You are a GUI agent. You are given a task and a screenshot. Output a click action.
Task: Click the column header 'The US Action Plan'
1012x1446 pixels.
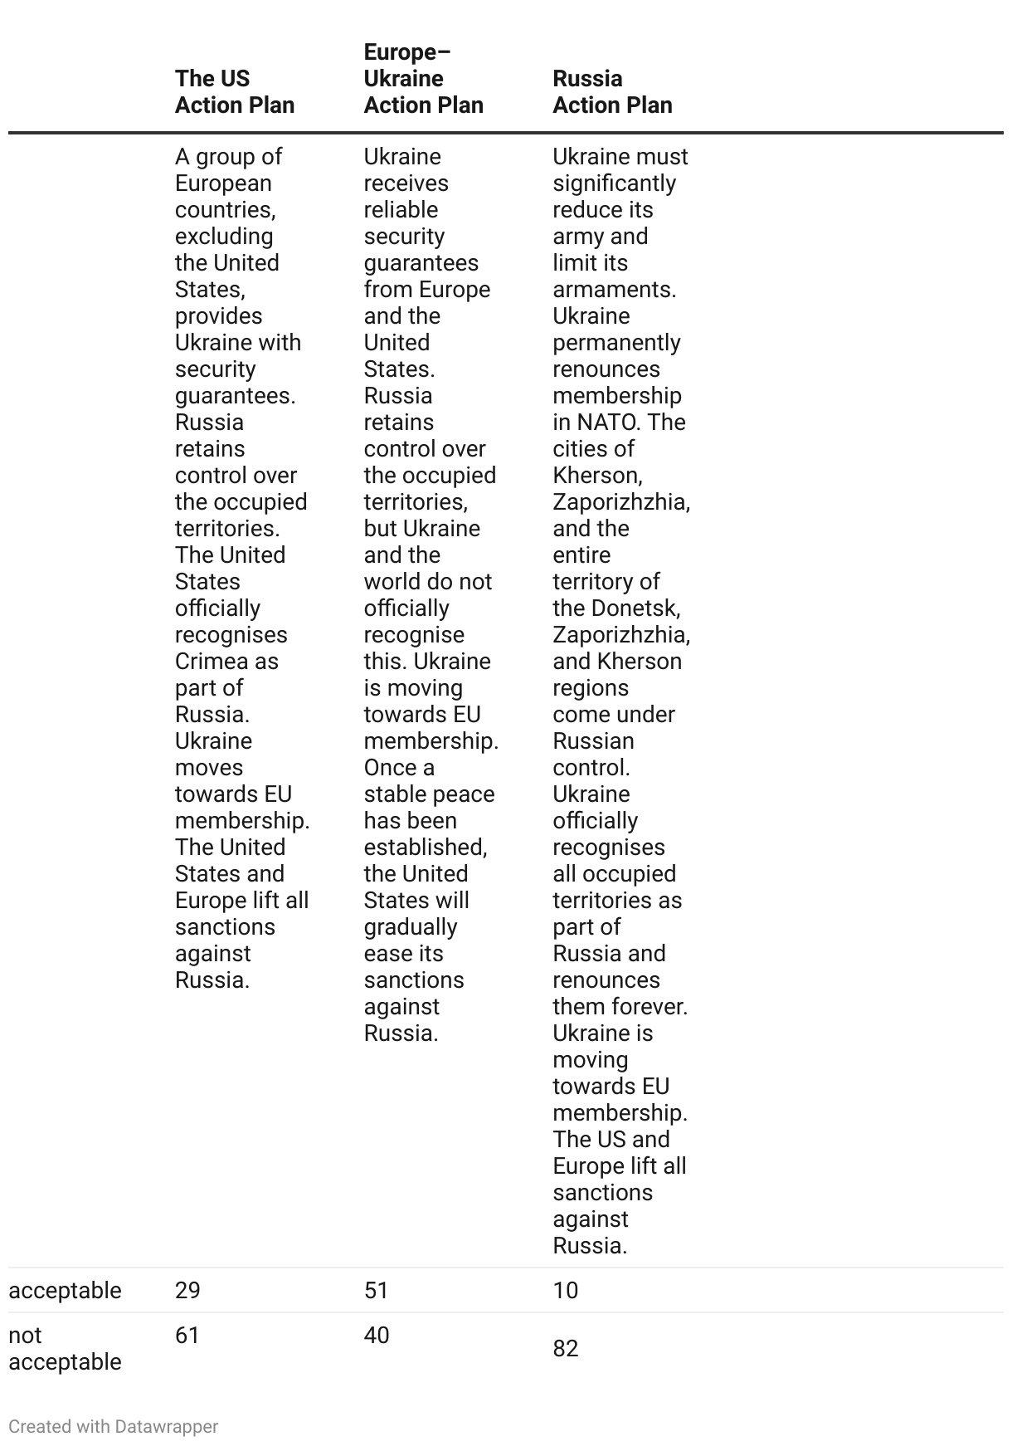[x=235, y=91]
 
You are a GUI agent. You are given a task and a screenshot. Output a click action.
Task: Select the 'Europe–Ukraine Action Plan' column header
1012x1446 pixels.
[x=423, y=78]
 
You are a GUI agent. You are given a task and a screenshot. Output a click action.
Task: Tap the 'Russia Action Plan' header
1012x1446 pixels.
[x=612, y=91]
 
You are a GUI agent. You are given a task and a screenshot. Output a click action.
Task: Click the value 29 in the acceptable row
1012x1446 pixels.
[x=187, y=1290]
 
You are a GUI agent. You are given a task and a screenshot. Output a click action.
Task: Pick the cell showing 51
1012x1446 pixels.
[x=377, y=1290]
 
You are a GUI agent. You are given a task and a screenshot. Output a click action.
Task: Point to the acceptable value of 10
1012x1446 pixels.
[x=566, y=1290]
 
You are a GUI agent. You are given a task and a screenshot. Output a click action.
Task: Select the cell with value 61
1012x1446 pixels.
[x=187, y=1335]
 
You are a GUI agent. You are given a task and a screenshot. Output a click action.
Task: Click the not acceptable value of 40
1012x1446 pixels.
[x=377, y=1335]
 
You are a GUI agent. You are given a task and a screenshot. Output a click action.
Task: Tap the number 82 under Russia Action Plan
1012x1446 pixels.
[x=566, y=1348]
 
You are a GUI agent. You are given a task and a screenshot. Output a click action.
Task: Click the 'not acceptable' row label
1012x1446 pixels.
[x=65, y=1348]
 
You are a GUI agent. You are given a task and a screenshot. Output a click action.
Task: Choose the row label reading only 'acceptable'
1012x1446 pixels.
[x=65, y=1290]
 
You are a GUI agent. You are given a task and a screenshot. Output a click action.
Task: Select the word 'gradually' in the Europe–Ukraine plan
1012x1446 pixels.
[x=411, y=927]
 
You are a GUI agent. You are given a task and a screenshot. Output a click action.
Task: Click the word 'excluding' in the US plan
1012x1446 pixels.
[x=224, y=237]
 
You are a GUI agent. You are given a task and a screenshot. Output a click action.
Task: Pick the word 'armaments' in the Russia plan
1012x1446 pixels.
[x=613, y=290]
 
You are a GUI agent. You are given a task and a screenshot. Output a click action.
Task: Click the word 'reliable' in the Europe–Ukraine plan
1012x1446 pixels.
[x=401, y=210]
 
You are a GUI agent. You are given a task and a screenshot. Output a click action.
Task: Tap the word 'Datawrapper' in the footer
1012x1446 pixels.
[x=167, y=1426]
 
